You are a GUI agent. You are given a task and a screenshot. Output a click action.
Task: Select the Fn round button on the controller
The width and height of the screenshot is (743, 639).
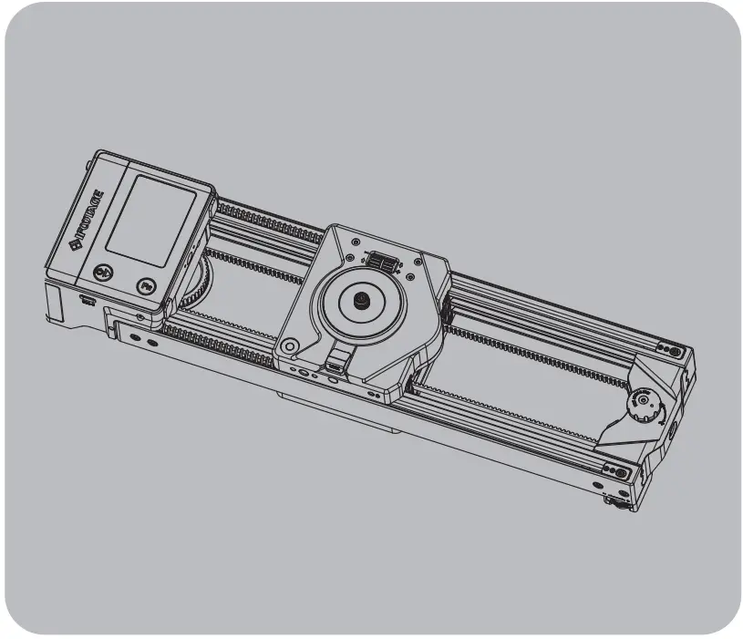146,286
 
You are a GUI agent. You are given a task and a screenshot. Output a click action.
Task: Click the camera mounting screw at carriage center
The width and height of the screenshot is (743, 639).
361,300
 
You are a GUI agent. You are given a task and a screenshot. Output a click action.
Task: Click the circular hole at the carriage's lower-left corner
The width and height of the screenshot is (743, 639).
290,347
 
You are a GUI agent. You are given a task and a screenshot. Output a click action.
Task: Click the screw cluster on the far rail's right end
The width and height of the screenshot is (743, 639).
671,349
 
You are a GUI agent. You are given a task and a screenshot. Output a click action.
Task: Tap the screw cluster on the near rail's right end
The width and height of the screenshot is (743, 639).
617,473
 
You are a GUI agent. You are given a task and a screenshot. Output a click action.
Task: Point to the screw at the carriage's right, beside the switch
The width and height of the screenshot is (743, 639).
413,276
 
